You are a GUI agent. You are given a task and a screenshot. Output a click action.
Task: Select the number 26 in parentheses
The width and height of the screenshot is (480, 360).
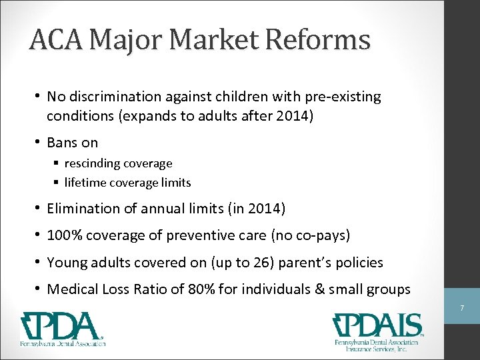(x=251, y=263)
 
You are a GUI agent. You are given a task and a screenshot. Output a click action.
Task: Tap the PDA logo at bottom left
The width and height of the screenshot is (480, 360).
(x=64, y=329)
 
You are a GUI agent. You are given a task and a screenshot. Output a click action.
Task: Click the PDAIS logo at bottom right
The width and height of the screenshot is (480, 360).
(x=377, y=332)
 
